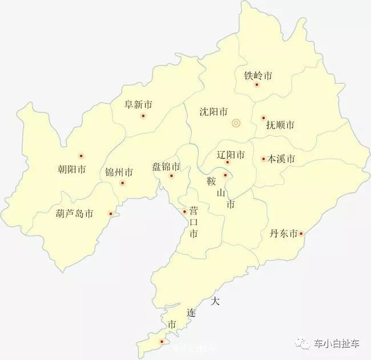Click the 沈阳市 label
tap(214, 112)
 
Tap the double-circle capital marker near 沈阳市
tap(236, 123)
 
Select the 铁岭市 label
tap(258, 76)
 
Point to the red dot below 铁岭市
tap(257, 85)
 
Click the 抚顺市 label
tap(280, 125)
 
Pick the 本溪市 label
tap(281, 159)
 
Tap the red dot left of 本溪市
tap(263, 159)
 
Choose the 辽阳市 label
tap(231, 155)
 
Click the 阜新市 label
tap(139, 105)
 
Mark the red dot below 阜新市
tap(143, 116)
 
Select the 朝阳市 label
tap(72, 169)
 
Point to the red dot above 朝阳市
tap(81, 156)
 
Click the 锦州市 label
tap(119, 172)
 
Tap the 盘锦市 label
tap(166, 167)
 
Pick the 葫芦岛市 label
tap(75, 214)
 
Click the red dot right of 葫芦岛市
tap(111, 214)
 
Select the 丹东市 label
tap(284, 234)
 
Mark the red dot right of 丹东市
tap(301, 233)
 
